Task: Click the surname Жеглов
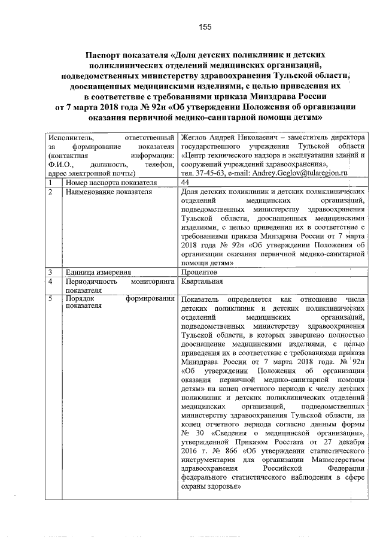(193, 138)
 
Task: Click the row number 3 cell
(51, 271)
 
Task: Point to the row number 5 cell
(51, 298)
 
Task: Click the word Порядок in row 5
(80, 298)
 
